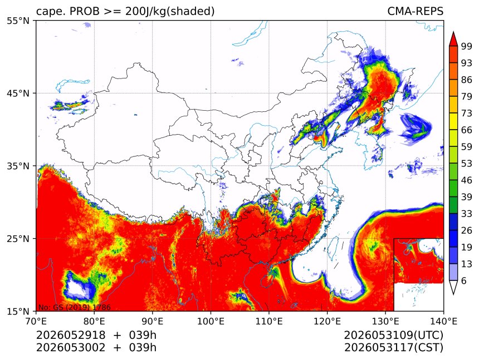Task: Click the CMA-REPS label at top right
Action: pyautogui.click(x=415, y=11)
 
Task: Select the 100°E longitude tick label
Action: pyautogui.click(x=211, y=321)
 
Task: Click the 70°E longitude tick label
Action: pyautogui.click(x=36, y=321)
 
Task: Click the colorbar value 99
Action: pyautogui.click(x=467, y=46)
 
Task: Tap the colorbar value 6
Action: pyautogui.click(x=464, y=280)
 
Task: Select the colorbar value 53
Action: pyautogui.click(x=467, y=164)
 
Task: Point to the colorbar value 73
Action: pyautogui.click(x=467, y=113)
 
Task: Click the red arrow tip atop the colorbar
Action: pyautogui.click(x=453, y=32)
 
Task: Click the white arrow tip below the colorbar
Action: pyautogui.click(x=453, y=294)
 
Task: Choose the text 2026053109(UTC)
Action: pyautogui.click(x=393, y=336)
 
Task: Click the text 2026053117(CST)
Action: pyautogui.click(x=393, y=348)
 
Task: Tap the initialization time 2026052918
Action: pyautogui.click(x=71, y=335)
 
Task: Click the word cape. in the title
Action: pyautogui.click(x=50, y=12)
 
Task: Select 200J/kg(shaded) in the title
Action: pyautogui.click(x=170, y=12)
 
